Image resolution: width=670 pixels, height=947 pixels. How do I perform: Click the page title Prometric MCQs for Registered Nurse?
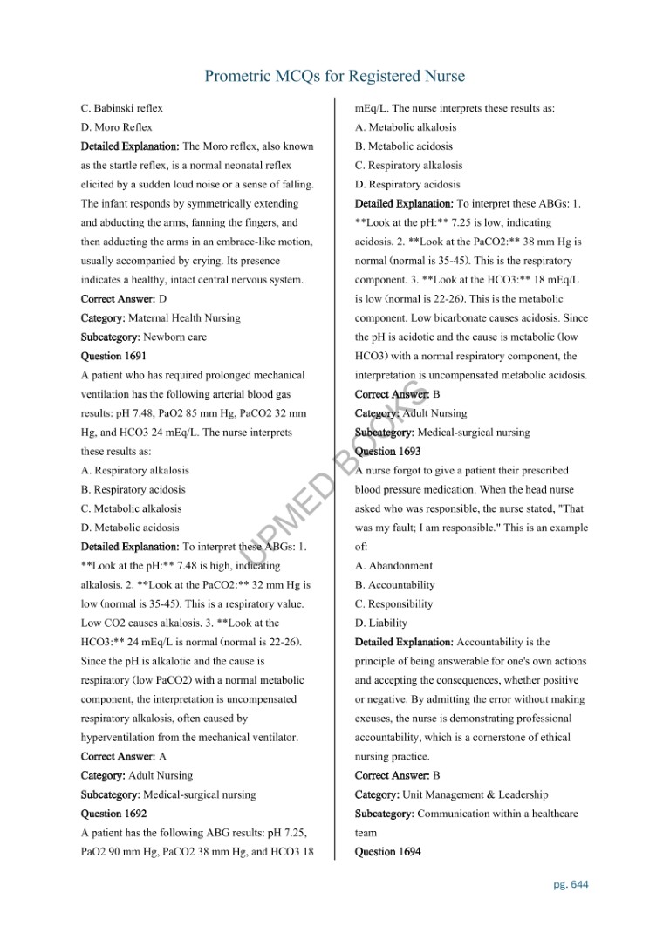[334, 77]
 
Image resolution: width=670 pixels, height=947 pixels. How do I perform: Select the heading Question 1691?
[113, 356]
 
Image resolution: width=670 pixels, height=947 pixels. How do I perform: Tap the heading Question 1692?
[113, 814]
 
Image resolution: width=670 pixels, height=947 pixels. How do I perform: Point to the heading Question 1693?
[387, 452]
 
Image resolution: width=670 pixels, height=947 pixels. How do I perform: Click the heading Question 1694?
[387, 852]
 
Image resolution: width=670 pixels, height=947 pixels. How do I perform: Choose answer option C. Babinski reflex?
[122, 108]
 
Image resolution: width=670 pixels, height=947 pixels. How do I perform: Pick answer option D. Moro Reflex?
[117, 127]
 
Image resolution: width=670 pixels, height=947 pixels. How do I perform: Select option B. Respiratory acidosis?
[133, 489]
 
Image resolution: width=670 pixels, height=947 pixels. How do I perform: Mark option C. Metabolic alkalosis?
[132, 508]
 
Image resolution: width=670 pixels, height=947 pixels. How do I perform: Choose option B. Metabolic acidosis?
[404, 146]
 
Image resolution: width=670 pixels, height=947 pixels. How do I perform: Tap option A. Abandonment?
[393, 566]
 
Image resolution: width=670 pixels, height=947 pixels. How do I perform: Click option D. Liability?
[381, 623]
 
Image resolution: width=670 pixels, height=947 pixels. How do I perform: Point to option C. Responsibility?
[393, 604]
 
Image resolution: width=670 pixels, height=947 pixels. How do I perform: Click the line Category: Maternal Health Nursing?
[161, 318]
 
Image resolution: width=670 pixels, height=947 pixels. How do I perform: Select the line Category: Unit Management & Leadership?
[451, 794]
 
